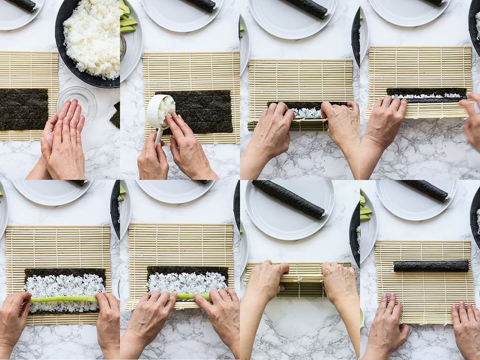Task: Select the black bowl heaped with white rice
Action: tap(90, 40)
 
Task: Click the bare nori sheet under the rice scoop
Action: tap(204, 112)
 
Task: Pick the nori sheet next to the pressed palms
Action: tap(23, 109)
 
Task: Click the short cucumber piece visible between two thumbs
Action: tap(186, 296)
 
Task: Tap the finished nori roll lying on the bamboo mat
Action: tap(431, 266)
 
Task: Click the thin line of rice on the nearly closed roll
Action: tap(426, 96)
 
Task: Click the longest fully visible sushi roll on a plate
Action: tap(288, 199)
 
